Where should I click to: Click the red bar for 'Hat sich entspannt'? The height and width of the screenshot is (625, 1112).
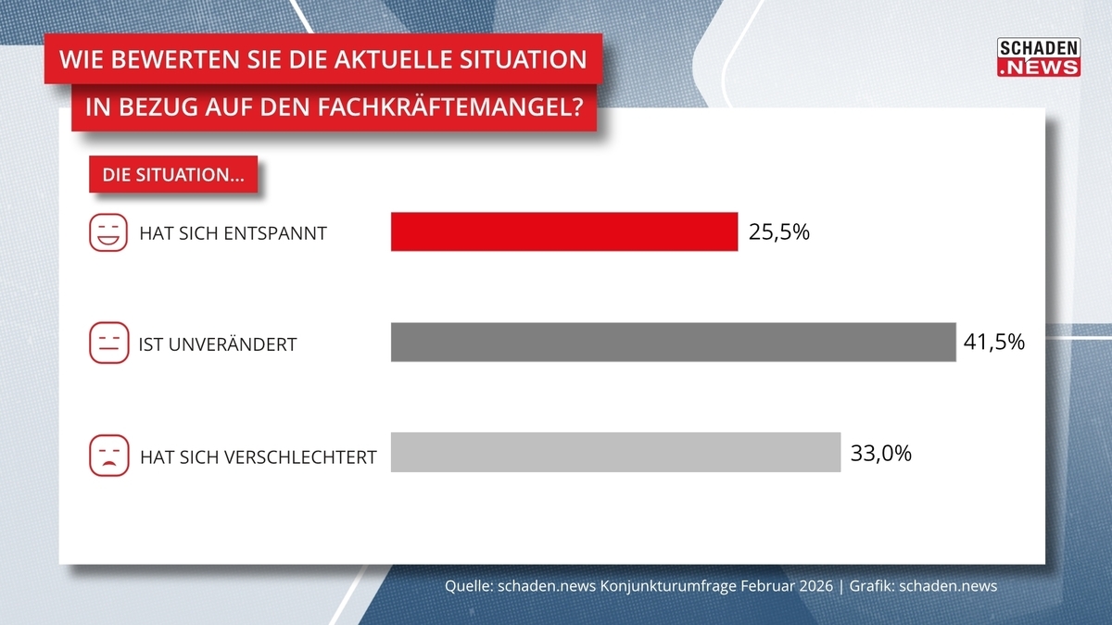pos(564,231)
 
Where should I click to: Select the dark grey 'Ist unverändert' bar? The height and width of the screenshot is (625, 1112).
pos(673,342)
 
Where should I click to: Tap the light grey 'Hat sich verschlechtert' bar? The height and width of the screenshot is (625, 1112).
pos(615,452)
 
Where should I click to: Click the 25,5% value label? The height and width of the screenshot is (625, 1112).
pos(779,231)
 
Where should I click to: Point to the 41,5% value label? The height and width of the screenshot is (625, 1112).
pos(994,342)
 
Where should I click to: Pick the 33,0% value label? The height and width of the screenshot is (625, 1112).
pos(881,453)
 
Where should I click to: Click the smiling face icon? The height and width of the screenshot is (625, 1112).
pos(108,232)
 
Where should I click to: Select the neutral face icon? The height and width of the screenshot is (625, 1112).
pos(108,343)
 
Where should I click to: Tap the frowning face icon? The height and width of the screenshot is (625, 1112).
pos(108,456)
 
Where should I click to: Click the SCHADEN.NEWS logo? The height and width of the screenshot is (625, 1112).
pos(1038,57)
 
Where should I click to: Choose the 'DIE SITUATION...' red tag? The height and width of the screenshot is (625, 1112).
pos(172,175)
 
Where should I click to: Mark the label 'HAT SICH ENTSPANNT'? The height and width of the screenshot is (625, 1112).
pos(233,233)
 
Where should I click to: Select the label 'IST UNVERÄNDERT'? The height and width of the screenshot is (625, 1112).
pos(218,344)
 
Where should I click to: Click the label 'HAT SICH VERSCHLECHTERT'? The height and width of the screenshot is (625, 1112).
pos(258,456)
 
